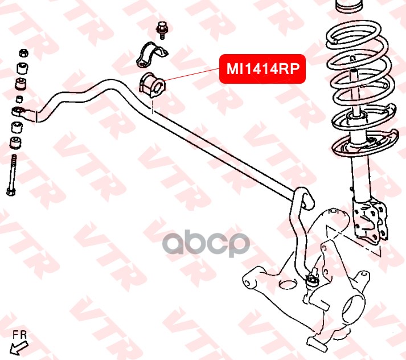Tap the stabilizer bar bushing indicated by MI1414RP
coord(152,85)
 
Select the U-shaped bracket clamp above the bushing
coord(150,55)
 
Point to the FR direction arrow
coord(19,345)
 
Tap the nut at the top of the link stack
coord(23,53)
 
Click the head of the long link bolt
coord(11,190)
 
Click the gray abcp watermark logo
coord(206,243)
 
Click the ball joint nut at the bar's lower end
coord(311,279)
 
